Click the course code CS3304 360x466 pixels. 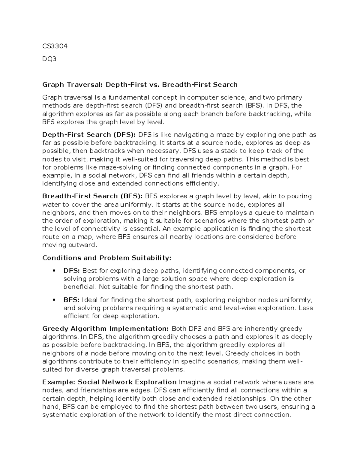(55, 46)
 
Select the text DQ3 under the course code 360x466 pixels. (49, 59)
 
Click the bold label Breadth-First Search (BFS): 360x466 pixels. (92, 196)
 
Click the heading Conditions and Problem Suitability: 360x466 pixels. (107, 258)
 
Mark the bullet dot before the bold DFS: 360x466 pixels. (54, 271)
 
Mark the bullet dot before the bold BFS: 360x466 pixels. (54, 300)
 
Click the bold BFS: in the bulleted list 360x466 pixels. (71, 300)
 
